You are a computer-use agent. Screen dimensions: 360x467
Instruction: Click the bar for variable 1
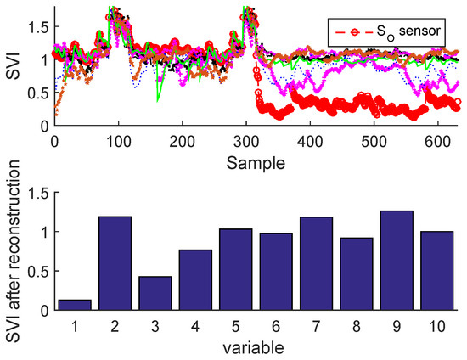74,305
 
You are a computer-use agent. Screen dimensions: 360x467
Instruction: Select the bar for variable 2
114,263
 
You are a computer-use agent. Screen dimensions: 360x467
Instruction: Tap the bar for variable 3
154,293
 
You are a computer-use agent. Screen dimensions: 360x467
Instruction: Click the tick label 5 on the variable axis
234,325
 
